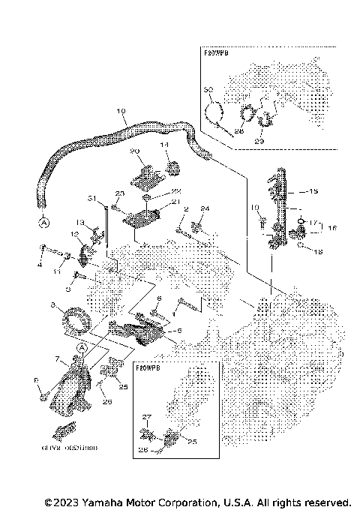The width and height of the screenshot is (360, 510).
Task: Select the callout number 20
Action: [x=136, y=151]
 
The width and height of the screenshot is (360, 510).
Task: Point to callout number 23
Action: [x=118, y=193]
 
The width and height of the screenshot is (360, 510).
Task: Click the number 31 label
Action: [x=92, y=199]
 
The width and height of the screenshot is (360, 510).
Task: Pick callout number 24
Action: [x=205, y=208]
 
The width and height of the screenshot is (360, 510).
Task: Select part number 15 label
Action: [x=313, y=190]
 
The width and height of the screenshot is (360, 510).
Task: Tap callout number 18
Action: [x=319, y=252]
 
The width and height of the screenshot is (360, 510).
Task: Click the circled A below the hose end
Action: [x=43, y=222]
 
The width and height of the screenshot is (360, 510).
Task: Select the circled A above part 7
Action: [x=80, y=347]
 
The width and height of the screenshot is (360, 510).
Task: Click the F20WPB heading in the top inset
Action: [x=217, y=54]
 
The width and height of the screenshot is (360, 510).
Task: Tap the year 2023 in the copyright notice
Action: [x=66, y=502]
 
